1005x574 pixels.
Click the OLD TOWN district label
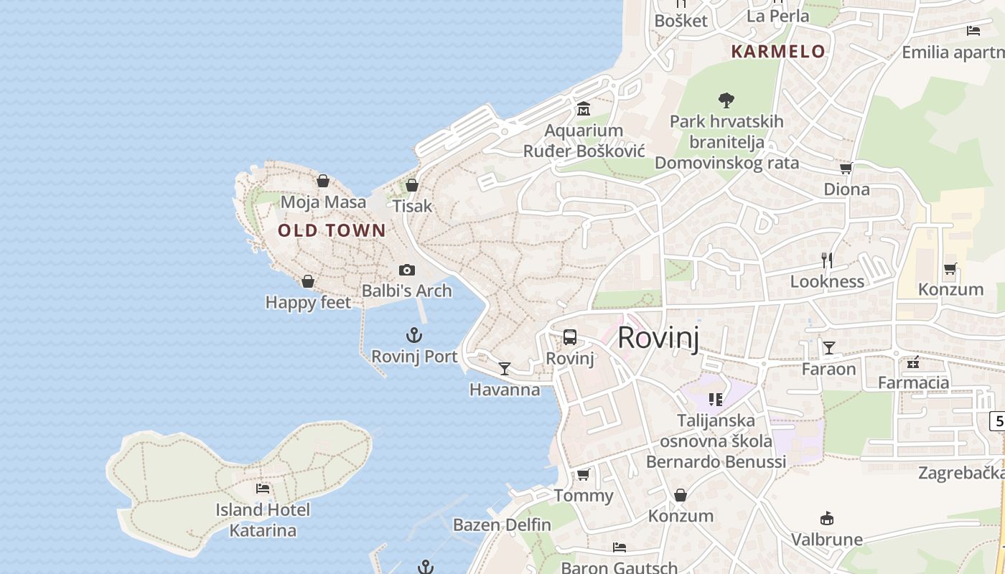coord(332,230)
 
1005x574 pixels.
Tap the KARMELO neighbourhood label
coord(778,52)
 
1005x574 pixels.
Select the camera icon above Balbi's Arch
coord(407,270)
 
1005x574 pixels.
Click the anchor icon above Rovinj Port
coord(414,335)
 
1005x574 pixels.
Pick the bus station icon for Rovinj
coord(570,337)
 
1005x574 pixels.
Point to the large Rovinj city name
coord(658,337)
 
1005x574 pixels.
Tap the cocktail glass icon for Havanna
coord(505,369)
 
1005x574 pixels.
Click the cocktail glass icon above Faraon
coord(829,348)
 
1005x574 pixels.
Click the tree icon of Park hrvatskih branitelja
coord(726,100)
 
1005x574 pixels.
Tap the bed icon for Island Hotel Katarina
coord(263,489)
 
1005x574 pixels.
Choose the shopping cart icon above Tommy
coord(584,475)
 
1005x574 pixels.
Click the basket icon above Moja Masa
coord(323,181)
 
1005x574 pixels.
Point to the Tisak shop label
coord(412,206)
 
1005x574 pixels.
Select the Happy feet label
coord(308,302)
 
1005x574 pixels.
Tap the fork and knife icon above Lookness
coord(827,260)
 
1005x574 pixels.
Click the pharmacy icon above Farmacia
coord(913,362)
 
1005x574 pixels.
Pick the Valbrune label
coord(827,539)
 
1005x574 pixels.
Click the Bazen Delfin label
coord(502,524)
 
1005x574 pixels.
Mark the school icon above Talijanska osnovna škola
coord(715,399)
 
